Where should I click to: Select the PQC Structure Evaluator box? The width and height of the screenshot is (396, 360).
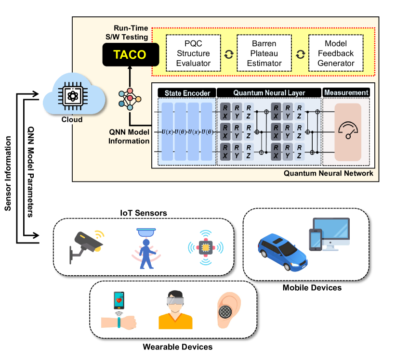[193, 53]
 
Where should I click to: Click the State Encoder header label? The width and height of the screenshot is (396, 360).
[187, 92]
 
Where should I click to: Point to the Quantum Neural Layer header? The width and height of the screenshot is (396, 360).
[269, 92]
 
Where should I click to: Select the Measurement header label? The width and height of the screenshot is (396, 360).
[346, 92]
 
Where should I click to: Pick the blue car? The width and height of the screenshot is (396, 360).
[283, 249]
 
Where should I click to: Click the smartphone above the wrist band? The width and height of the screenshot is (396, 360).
[119, 300]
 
